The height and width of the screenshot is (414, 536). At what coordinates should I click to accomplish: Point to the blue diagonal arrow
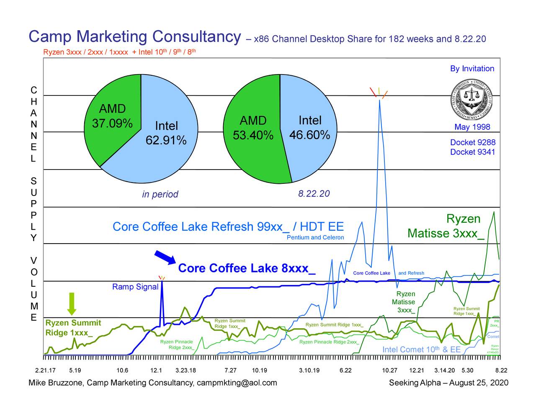(165, 257)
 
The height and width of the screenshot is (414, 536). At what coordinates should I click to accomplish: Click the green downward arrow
(72, 303)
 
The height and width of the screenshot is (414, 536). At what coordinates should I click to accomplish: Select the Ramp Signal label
(135, 287)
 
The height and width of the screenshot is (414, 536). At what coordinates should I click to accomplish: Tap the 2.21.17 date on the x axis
(46, 370)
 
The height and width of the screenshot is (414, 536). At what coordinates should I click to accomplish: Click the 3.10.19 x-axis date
(309, 370)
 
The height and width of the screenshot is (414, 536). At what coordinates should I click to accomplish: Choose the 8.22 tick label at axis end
(501, 370)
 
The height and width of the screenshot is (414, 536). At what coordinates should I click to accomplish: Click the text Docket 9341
(472, 152)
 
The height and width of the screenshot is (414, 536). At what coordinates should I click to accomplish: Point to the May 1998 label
(472, 127)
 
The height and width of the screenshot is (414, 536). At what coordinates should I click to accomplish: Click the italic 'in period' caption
(160, 194)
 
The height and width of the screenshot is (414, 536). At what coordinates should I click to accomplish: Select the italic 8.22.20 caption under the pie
(314, 194)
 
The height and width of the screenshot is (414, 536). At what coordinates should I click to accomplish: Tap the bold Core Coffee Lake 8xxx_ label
(247, 268)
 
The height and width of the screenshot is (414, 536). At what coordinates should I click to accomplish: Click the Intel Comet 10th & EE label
(421, 350)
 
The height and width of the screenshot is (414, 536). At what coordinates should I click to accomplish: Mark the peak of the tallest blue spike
(379, 100)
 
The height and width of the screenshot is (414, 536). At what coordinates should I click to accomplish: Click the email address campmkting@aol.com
(237, 383)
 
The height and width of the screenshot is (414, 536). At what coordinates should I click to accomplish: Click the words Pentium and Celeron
(315, 237)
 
